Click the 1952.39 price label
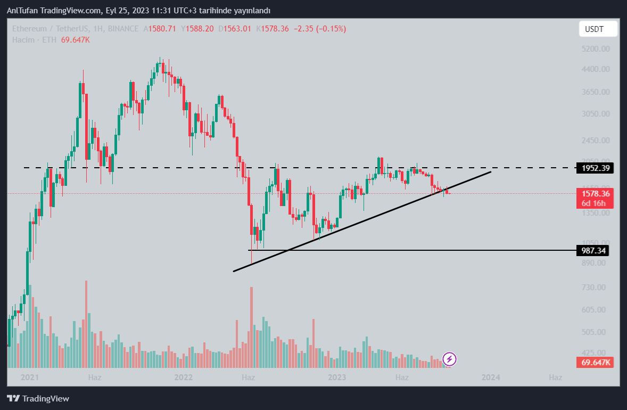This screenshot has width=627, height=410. point(596,168)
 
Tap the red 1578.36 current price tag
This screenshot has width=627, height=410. point(596,193)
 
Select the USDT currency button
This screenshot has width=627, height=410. point(598,29)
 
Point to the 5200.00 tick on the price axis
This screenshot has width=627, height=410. point(596,49)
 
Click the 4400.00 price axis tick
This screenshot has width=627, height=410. point(596,69)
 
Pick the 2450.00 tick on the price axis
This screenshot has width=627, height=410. point(596,141)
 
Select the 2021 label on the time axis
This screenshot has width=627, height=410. point(30,378)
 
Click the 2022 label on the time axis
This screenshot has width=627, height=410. point(184,378)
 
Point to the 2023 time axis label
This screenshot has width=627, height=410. point(337,378)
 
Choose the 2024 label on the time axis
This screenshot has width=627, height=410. point(490,378)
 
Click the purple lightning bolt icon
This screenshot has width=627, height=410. point(449,359)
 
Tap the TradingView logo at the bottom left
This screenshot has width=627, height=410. point(38,398)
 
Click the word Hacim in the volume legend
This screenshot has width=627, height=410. point(23,40)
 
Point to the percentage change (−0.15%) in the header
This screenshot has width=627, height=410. point(331,29)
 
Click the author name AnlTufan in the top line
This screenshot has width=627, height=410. point(22,11)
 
